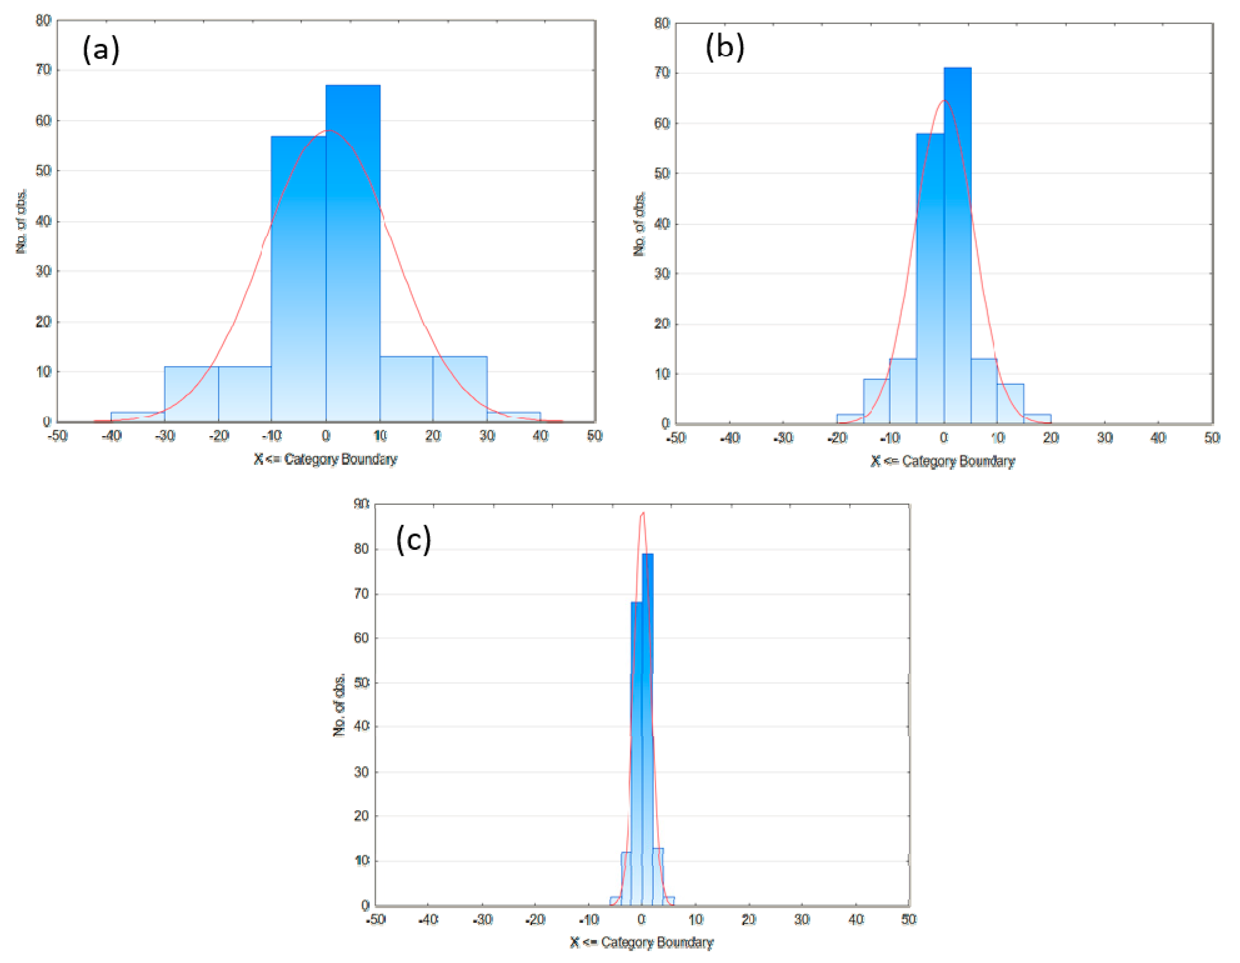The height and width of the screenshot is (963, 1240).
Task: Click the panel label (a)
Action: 101,49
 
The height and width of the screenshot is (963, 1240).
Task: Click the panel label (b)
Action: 725,47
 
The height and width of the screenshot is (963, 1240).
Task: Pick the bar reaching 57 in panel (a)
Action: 298,278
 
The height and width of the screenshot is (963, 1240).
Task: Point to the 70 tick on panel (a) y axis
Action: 44,70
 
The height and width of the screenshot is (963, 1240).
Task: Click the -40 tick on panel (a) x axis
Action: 111,436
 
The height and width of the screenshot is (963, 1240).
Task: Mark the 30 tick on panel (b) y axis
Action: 662,274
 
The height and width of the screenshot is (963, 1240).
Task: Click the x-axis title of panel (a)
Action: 325,459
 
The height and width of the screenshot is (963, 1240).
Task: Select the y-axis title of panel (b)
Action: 639,224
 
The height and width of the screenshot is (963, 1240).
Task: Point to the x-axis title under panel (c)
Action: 642,943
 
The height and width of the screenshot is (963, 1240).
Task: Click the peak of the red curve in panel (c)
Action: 643,513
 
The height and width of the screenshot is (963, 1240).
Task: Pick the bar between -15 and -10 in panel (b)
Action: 876,401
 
